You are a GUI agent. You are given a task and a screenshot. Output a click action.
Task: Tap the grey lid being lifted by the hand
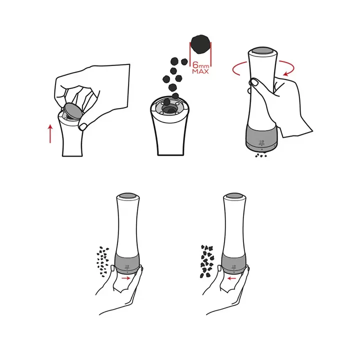[73, 111]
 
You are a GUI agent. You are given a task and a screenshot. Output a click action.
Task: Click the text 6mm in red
[200, 65]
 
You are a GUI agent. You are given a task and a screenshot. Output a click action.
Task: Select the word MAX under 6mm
[200, 71]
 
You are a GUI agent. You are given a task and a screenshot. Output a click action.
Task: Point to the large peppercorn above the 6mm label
[201, 44]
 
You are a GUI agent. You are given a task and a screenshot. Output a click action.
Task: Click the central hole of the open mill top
[169, 108]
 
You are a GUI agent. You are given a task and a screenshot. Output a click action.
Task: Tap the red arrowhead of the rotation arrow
[286, 73]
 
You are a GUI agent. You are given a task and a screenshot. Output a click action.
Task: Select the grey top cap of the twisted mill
[262, 51]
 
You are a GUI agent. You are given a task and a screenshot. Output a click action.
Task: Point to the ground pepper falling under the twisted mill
[261, 155]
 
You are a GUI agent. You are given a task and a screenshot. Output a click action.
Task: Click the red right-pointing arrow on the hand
[126, 278]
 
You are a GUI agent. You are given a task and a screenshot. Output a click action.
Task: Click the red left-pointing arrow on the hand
[231, 278]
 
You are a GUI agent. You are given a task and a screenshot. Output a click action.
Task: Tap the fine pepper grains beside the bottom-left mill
[102, 261]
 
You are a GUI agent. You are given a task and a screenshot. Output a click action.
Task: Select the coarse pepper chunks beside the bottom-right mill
[207, 261]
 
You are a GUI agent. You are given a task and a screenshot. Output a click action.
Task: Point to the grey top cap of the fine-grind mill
[127, 196]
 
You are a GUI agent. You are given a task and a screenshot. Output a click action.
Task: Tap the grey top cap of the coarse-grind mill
[234, 196]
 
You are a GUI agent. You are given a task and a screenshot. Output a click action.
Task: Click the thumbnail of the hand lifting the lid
[83, 126]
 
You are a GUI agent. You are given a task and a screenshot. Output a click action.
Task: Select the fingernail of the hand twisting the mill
[253, 82]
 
